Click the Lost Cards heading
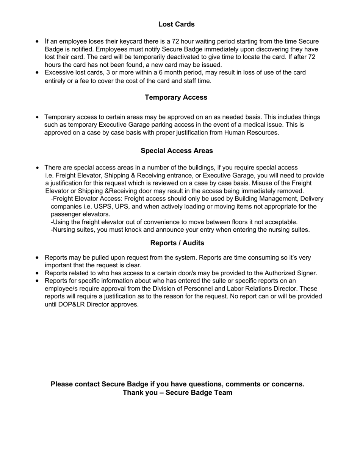pos(176,24)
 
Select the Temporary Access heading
pos(176,97)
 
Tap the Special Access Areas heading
pos(177,151)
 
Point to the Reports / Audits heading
pos(177,243)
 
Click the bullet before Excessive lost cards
pos(37,73)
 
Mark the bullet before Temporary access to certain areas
pos(37,118)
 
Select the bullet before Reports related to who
pos(37,273)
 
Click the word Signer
pos(307,273)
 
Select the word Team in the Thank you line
pos(222,392)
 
